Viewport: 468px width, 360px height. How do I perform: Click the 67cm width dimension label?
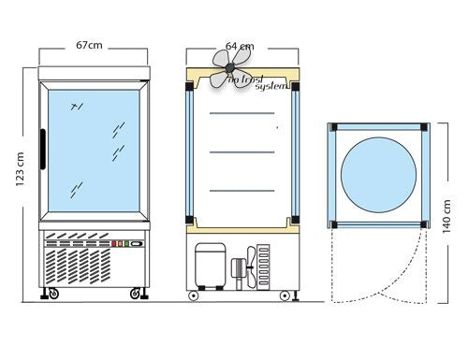pyautogui.click(x=89, y=46)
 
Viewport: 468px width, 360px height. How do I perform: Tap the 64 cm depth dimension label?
pyautogui.click(x=240, y=47)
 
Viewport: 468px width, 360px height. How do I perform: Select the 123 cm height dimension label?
pyautogui.click(x=20, y=169)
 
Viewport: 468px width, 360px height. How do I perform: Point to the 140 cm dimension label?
pyautogui.click(x=446, y=216)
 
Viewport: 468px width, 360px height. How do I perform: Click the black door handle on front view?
pyautogui.click(x=43, y=150)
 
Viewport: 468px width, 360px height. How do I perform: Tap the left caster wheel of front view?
pyautogui.click(x=53, y=294)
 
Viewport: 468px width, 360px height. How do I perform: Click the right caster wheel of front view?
pyautogui.click(x=135, y=294)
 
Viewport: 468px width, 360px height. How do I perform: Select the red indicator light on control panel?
pyautogui.click(x=114, y=244)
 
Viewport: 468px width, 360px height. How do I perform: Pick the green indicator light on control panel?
pyautogui.click(x=126, y=244)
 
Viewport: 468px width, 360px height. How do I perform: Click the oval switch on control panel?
pyautogui.click(x=137, y=244)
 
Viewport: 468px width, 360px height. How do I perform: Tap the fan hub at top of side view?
pyautogui.click(x=230, y=67)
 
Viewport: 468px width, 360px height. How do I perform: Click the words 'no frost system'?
pyautogui.click(x=257, y=82)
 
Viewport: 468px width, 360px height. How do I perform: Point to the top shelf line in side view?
pyautogui.click(x=242, y=113)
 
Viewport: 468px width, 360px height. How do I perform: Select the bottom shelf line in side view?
pyautogui.click(x=242, y=191)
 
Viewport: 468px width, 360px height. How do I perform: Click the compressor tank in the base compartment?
pyautogui.click(x=211, y=266)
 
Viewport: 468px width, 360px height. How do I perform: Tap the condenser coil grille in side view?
pyautogui.click(x=263, y=266)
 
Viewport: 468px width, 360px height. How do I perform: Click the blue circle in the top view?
pyautogui.click(x=378, y=175)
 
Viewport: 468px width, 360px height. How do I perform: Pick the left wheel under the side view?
pyautogui.click(x=194, y=295)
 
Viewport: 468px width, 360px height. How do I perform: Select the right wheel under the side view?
pyautogui.click(x=285, y=295)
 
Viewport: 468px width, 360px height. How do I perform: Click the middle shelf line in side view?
pyautogui.click(x=242, y=152)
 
